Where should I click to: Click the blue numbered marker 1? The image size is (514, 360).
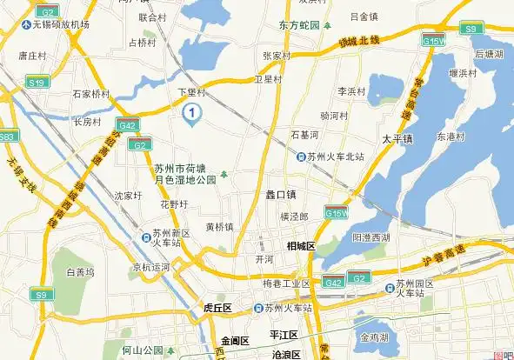pos(192,111)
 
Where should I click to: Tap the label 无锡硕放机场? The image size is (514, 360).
pos(61,24)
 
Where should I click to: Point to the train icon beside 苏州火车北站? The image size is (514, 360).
pos(300,157)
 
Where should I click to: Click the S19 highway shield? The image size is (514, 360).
pos(36,83)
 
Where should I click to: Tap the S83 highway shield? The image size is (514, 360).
pos(7,137)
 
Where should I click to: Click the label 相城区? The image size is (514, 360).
pos(300,246)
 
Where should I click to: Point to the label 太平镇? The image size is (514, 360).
pos(396,138)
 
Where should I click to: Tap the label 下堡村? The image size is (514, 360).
pos(191,91)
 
